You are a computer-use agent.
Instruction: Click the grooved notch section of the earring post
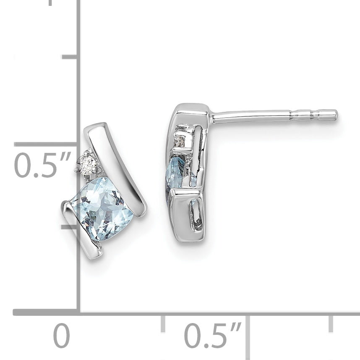pyautogui.click(x=305, y=115)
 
